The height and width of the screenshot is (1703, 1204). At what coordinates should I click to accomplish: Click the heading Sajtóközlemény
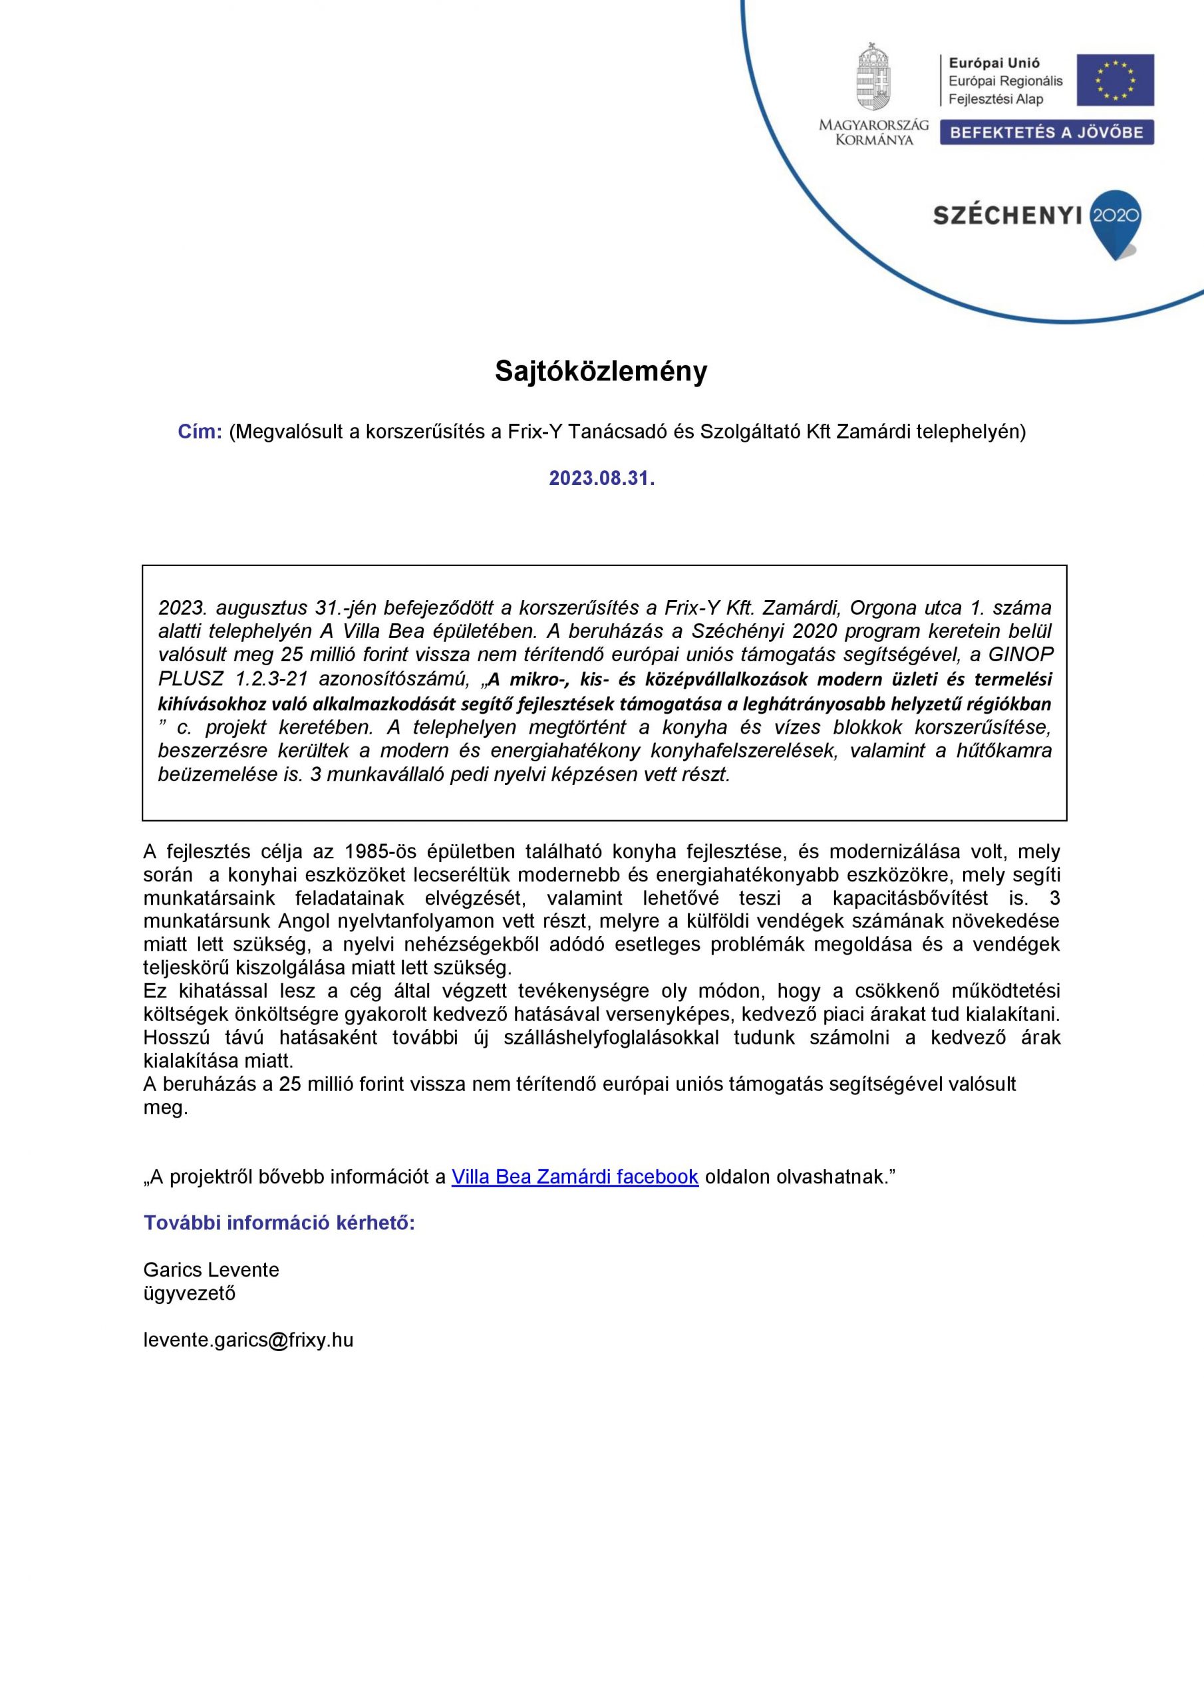601,372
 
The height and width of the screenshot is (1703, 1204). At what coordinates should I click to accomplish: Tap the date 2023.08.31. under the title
601,478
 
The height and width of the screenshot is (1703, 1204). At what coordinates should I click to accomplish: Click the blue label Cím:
200,432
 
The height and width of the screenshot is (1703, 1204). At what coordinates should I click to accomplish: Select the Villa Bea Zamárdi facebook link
575,1176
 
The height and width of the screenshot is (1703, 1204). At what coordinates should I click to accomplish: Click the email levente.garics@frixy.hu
247,1340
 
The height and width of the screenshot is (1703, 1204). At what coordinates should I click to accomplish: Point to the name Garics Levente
211,1270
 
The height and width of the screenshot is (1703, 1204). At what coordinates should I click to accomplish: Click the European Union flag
1115,80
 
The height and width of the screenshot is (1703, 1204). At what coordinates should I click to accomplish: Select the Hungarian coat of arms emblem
873,77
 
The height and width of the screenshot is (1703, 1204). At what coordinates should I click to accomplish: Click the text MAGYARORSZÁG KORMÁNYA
873,132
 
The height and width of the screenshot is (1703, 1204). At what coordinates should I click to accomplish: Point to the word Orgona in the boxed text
883,608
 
